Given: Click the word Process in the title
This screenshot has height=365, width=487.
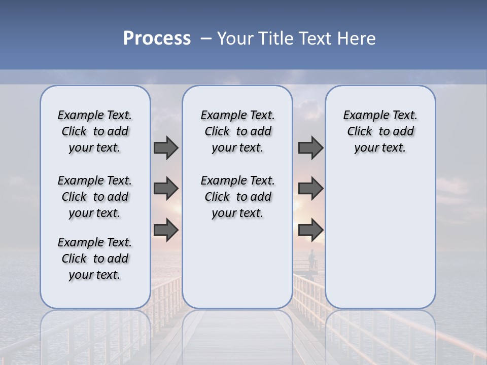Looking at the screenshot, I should click(157, 39).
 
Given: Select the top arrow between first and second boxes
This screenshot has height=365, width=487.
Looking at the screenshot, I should click(166, 148).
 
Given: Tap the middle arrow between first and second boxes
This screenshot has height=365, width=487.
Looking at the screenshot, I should click(166, 189).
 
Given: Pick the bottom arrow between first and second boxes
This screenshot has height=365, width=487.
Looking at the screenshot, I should click(166, 230).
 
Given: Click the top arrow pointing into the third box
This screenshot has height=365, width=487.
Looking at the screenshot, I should click(310, 148).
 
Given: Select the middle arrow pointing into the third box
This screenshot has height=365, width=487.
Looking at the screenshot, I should click(310, 189).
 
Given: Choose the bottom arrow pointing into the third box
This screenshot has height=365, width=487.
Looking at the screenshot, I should click(310, 230).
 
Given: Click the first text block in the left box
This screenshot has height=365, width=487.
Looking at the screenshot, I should click(95, 131).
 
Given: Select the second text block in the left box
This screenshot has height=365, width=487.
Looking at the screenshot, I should click(95, 197).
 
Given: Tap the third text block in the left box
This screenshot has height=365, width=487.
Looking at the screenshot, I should click(95, 259).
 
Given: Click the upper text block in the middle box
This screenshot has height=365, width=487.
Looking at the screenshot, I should click(237, 131).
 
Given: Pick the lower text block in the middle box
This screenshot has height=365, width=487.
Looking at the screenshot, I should click(237, 197).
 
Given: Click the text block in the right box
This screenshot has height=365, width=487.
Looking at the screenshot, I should click(380, 131).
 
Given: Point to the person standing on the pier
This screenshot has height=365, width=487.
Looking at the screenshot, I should click(311, 259).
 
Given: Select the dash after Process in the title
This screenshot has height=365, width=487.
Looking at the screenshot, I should click(205, 39).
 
